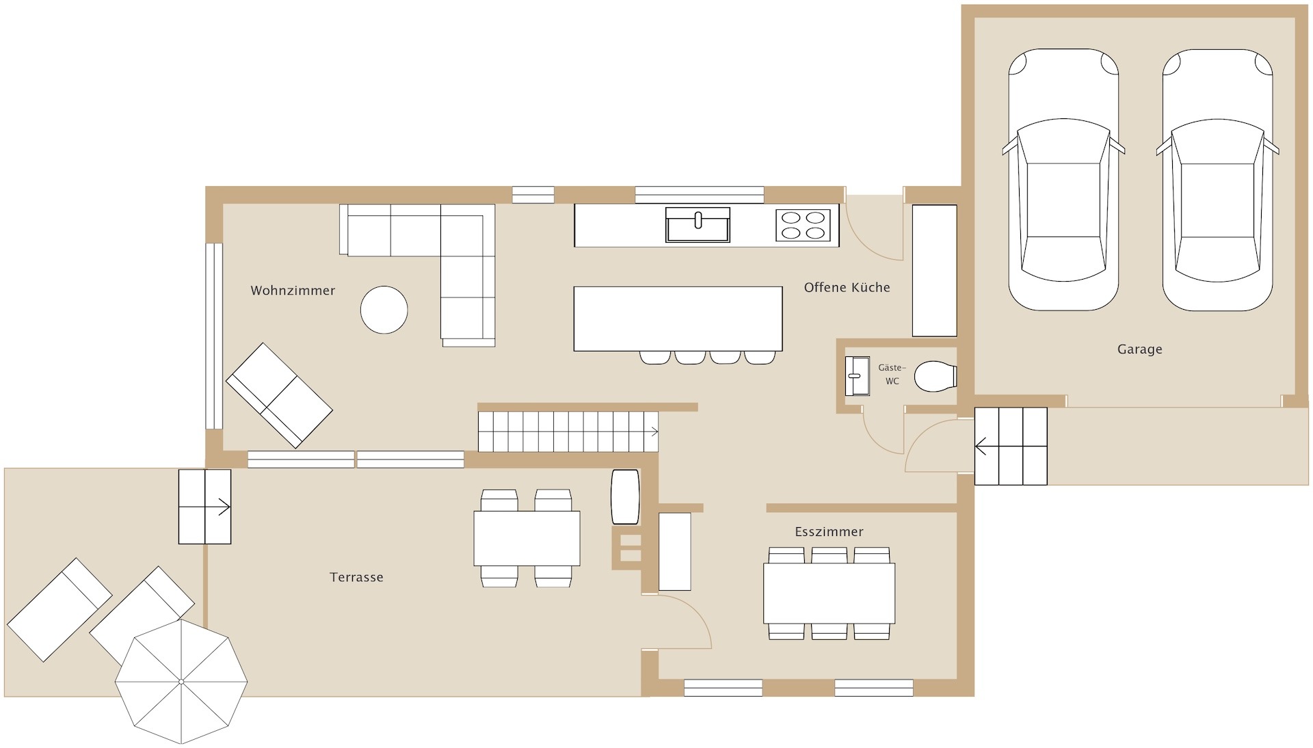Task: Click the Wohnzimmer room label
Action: click(x=293, y=291)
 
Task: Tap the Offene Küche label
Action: click(x=847, y=288)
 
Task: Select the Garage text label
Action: click(x=1139, y=349)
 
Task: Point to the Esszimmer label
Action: click(x=829, y=531)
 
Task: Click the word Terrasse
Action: click(x=356, y=577)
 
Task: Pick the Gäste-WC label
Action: click(x=892, y=375)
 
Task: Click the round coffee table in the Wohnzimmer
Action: click(x=384, y=310)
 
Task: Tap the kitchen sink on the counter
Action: click(x=698, y=225)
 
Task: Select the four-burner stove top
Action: click(x=803, y=225)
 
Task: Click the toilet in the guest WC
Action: click(x=936, y=376)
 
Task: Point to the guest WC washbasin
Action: click(x=857, y=375)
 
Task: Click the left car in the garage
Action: click(x=1063, y=180)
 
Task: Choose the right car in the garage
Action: click(x=1217, y=180)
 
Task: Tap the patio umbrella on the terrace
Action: click(x=181, y=681)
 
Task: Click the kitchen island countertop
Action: click(x=678, y=319)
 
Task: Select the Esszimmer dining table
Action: click(x=829, y=593)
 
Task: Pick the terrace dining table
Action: click(x=527, y=538)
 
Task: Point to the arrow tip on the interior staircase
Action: click(x=658, y=431)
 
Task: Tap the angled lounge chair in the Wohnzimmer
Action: click(x=279, y=395)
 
